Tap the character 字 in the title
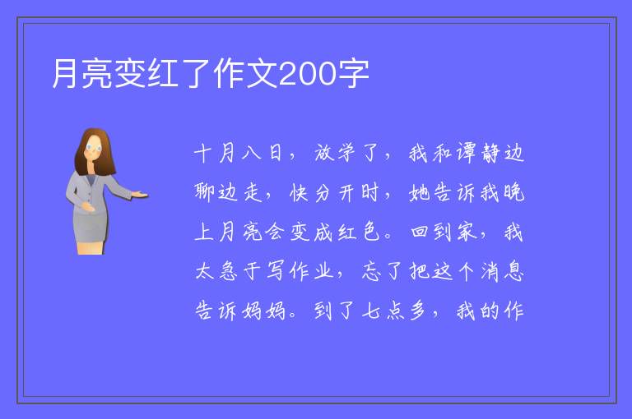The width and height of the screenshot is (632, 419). pos(353,74)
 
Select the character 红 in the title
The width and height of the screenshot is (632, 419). pos(164,74)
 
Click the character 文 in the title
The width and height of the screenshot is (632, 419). pos(263,74)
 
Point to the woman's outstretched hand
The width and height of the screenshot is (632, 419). pos(139,195)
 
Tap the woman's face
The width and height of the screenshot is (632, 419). pos(94,148)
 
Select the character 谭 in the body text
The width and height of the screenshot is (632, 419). pos(466,153)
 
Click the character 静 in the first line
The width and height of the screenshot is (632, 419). pos(490,153)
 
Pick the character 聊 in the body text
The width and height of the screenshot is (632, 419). pos(204,192)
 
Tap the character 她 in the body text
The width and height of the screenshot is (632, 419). pos(419,192)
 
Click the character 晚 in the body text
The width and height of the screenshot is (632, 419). pos(513,192)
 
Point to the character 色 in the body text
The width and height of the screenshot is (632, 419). pos(371,232)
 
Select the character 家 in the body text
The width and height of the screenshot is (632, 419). pos(467,232)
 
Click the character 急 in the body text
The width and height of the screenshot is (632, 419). pos(228,271)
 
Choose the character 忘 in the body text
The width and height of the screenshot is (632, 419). pos(371,271)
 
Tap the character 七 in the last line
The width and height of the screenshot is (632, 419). pos(371,311)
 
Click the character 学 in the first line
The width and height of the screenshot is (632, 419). pos(346,153)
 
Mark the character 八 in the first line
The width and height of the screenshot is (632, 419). pos(252,154)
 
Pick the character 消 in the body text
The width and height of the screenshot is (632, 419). pos(490,271)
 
